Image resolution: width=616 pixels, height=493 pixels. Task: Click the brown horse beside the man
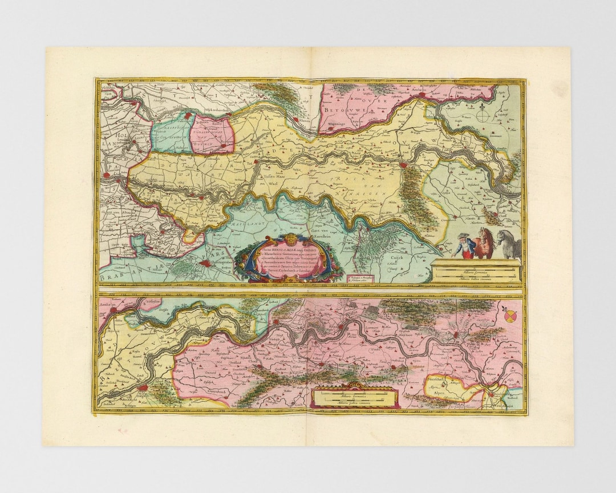(x=485, y=242)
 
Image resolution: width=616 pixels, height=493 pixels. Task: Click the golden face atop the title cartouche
(x=291, y=239)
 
